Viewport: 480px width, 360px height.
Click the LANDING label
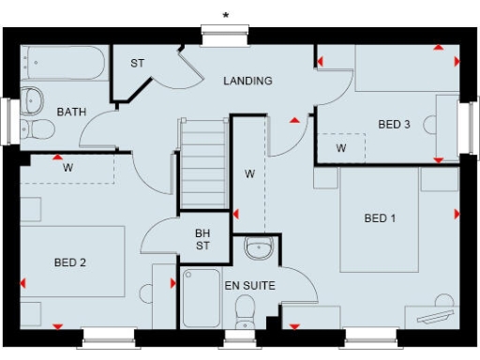[x=247, y=81]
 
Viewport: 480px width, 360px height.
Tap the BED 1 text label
[x=380, y=218]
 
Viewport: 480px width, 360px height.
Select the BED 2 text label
[x=70, y=262]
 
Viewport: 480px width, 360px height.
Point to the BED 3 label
[x=394, y=124]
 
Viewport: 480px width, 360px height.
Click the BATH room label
[x=71, y=112]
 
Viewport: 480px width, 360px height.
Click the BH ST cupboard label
[x=202, y=240]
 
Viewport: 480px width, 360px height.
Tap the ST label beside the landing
[x=138, y=64]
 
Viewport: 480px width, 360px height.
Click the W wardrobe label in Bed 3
[x=341, y=148]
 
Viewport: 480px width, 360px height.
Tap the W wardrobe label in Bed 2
[x=68, y=169]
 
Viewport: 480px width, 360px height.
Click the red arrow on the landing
[x=296, y=121]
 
